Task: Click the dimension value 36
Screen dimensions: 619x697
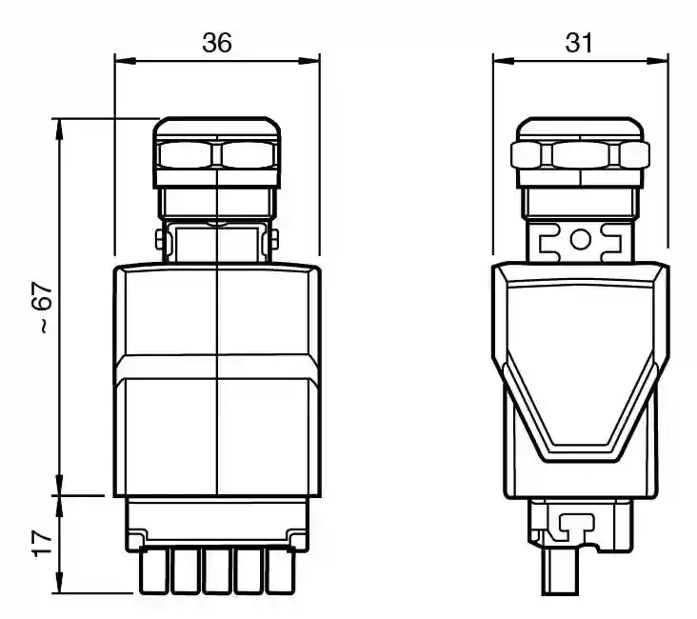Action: pyautogui.click(x=217, y=42)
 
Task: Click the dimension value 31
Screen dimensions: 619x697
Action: pyautogui.click(x=579, y=42)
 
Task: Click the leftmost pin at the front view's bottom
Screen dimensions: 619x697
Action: pyautogui.click(x=151, y=572)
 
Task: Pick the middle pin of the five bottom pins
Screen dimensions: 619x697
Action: pyautogui.click(x=216, y=572)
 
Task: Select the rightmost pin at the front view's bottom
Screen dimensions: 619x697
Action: pyautogui.click(x=281, y=572)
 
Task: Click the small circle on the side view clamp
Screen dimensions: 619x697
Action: pyautogui.click(x=580, y=238)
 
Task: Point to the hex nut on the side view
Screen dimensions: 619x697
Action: pyautogui.click(x=580, y=154)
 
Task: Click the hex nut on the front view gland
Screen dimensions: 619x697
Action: pyautogui.click(x=218, y=153)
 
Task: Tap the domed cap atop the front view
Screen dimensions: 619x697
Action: pyautogui.click(x=218, y=128)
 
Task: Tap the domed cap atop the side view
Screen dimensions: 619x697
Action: pyautogui.click(x=580, y=129)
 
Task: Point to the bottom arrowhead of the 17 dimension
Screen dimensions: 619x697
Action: pyautogui.click(x=59, y=585)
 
